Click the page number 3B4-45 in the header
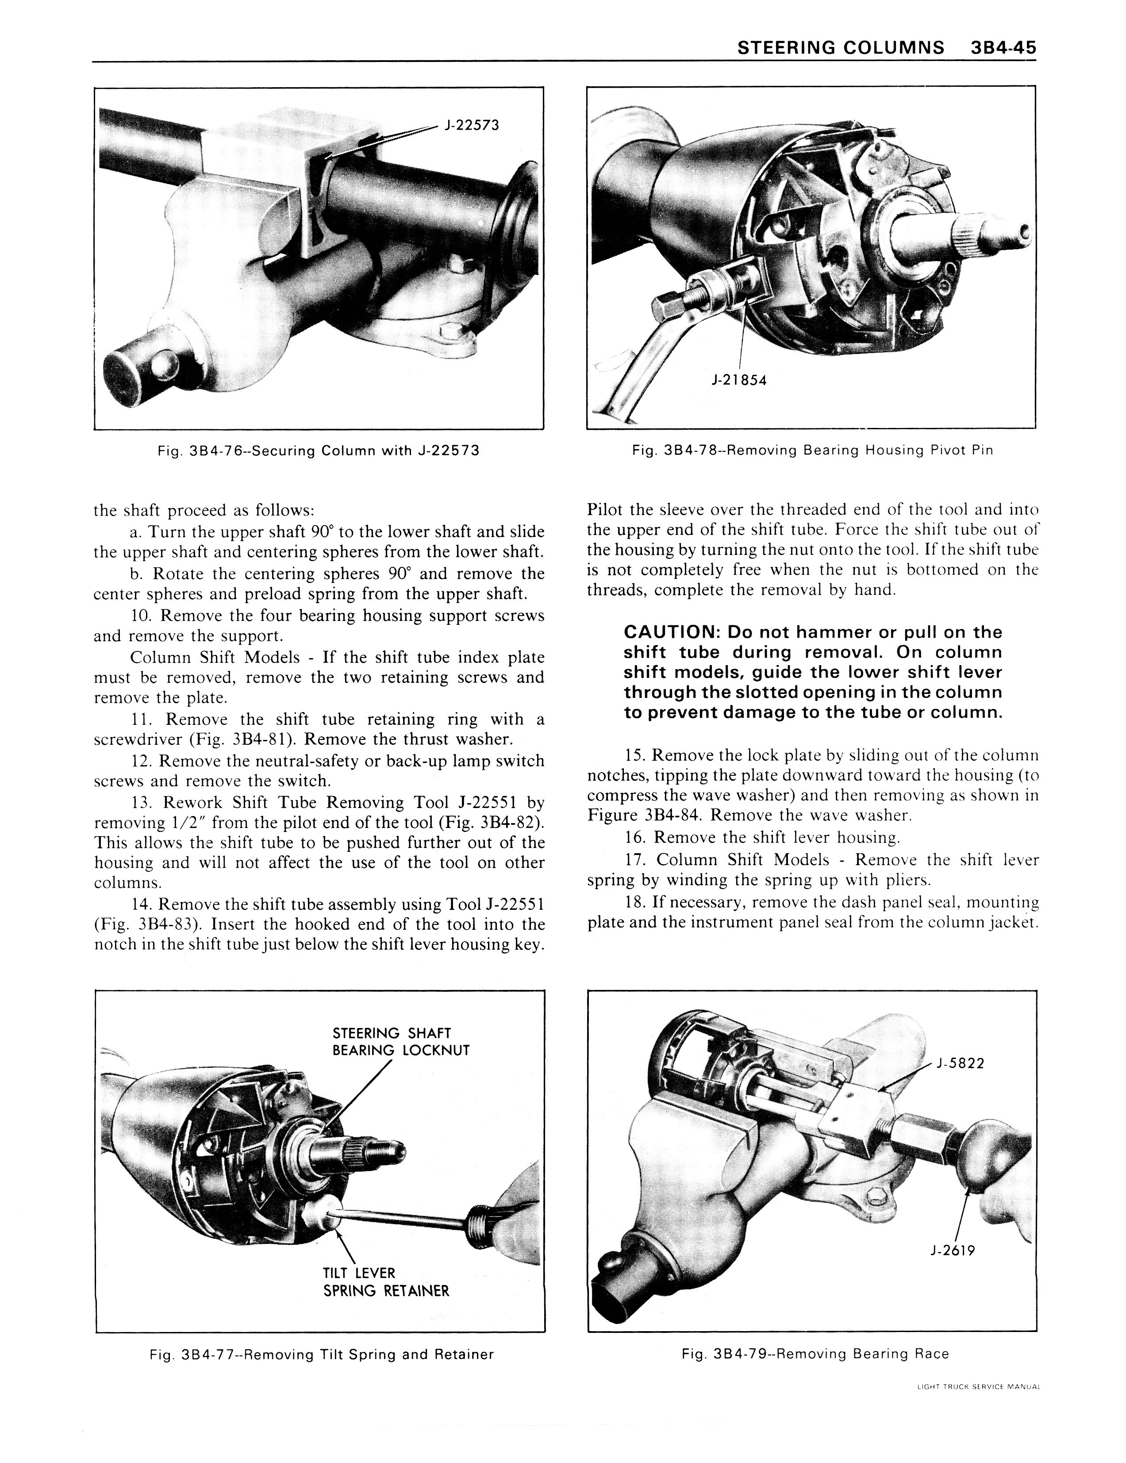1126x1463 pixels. (x=1001, y=47)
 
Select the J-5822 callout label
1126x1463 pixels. (x=960, y=1063)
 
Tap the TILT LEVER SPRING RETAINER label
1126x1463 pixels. (x=386, y=1282)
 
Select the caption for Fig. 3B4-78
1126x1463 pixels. (x=812, y=450)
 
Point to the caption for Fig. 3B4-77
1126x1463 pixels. (x=322, y=1355)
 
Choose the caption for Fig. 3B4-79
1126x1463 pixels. (x=815, y=1354)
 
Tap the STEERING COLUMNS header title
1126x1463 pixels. (x=841, y=47)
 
